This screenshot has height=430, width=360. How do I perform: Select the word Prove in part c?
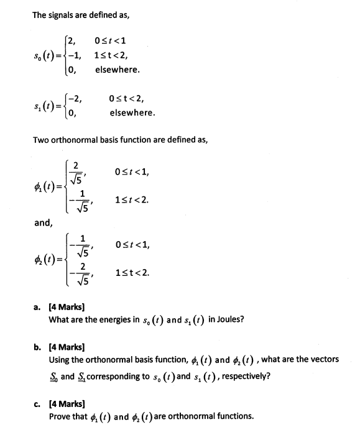pos(60,415)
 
